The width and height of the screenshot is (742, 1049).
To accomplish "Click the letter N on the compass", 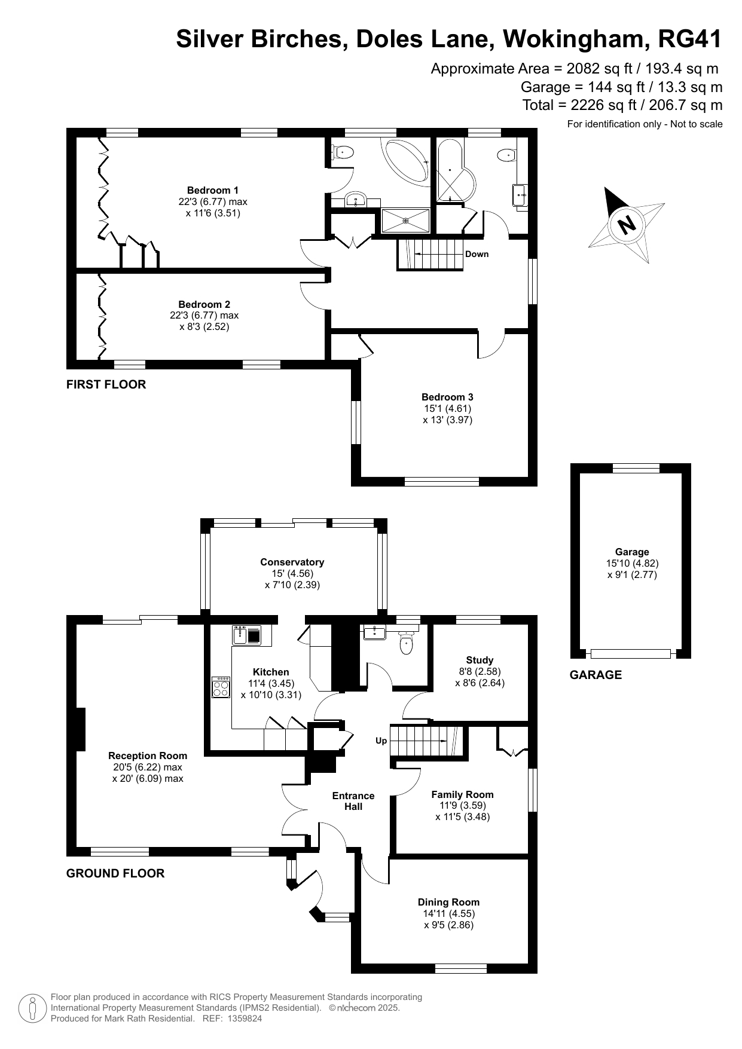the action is pos(627,225).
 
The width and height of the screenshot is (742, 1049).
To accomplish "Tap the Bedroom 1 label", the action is pos(213,191).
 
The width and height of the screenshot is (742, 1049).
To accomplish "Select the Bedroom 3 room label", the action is pos(447,397).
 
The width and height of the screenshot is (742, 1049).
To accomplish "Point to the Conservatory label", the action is pos(292,562).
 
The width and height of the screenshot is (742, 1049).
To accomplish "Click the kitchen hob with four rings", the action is pos(221,687).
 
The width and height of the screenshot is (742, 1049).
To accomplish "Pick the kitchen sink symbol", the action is pos(247,635).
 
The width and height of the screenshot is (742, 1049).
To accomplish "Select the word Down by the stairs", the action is pos(477,254).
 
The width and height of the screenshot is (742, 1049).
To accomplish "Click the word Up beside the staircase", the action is pos(381,741).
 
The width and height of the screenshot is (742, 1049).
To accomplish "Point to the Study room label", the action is pos(480,660).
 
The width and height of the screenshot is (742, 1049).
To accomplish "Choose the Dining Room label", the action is pos(448,903).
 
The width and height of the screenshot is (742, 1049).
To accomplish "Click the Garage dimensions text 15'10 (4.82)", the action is pos(632,564).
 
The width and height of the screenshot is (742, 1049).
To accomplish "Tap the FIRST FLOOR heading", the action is pos(106,384).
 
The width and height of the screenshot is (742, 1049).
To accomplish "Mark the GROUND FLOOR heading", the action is pos(115,873).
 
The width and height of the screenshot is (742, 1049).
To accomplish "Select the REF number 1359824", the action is pos(241,1019).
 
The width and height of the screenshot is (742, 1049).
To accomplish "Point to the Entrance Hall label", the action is pos(353,802).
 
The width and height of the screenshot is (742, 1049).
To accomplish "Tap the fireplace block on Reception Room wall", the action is pos(81,729).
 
